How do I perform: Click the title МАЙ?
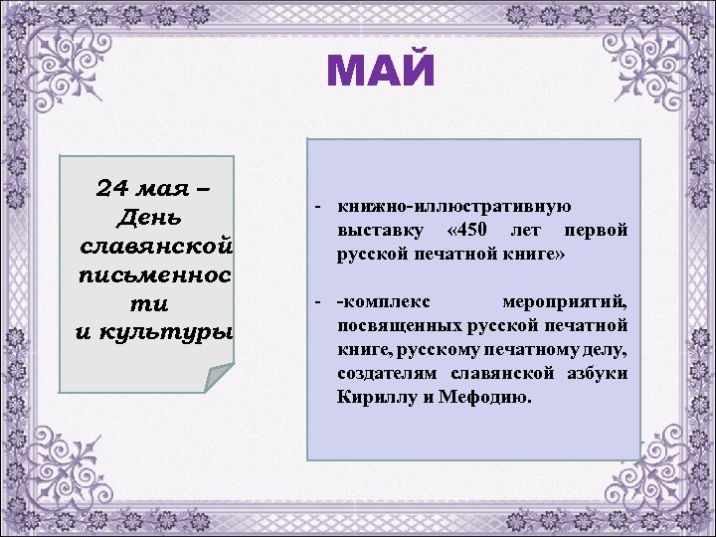coord(381,73)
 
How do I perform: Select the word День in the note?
coord(150,216)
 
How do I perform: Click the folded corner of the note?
coord(218,379)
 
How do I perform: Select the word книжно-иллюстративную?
coord(453,207)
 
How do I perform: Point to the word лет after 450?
coord(529,231)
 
